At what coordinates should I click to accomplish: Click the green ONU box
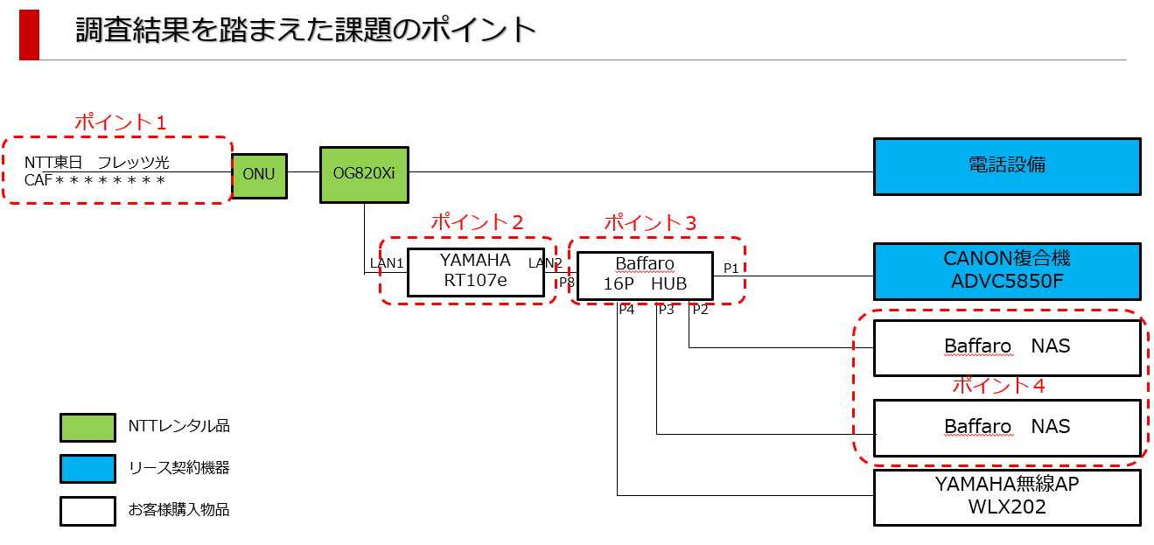click(x=259, y=176)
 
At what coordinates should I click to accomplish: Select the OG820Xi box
click(x=364, y=175)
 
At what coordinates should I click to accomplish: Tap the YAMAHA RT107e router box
click(x=475, y=273)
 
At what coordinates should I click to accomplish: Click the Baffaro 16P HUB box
click(x=645, y=276)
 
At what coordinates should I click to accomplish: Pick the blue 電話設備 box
click(x=1007, y=166)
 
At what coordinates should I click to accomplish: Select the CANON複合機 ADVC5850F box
click(x=1007, y=271)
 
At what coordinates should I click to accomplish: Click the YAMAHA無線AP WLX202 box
click(x=1007, y=497)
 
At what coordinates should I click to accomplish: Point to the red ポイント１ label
click(x=121, y=122)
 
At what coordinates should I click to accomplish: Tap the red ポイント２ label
click(x=477, y=222)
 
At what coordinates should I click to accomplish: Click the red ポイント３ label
click(x=650, y=223)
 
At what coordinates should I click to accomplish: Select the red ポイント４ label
click(x=998, y=385)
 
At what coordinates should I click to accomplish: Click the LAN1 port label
click(x=387, y=263)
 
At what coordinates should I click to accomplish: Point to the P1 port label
click(x=731, y=269)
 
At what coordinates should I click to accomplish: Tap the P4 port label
click(x=626, y=310)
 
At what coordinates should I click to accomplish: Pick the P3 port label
click(x=666, y=310)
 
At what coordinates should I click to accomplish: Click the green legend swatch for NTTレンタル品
click(x=87, y=428)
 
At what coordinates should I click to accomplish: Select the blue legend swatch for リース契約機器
click(x=87, y=469)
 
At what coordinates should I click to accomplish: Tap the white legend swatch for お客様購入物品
click(x=87, y=511)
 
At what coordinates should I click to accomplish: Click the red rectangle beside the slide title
click(x=30, y=35)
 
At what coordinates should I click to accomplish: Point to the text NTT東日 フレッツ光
click(x=97, y=163)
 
